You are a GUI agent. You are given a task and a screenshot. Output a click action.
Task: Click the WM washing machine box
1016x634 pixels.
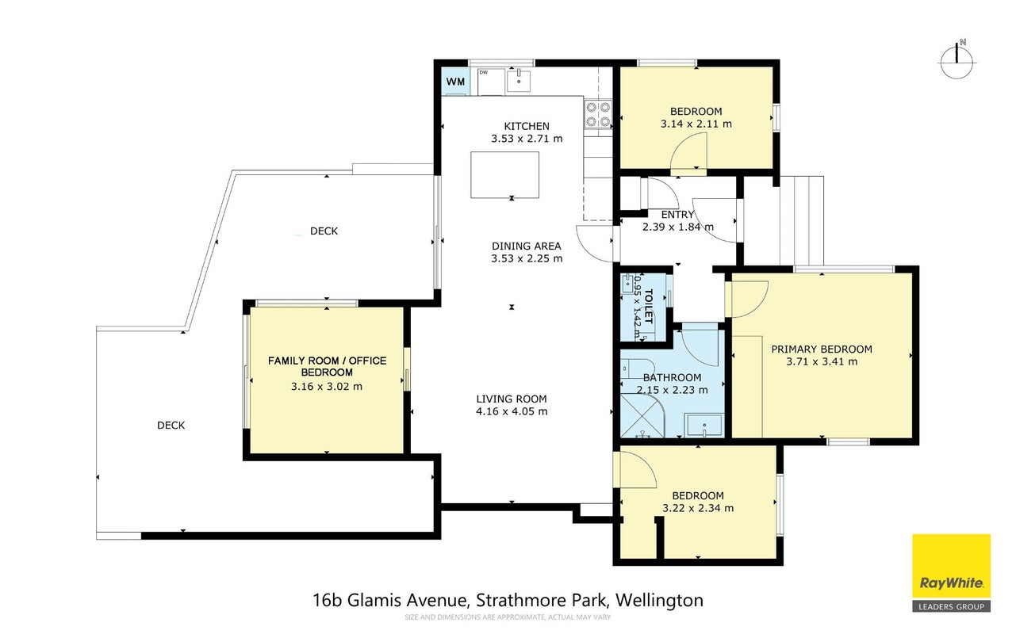(455, 82)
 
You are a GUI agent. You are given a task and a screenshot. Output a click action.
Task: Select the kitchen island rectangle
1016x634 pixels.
(504, 175)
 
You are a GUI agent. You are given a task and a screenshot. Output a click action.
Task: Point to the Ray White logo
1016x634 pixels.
(951, 573)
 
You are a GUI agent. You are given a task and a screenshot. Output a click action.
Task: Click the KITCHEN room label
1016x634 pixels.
(527, 126)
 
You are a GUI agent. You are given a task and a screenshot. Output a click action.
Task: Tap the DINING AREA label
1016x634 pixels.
(527, 246)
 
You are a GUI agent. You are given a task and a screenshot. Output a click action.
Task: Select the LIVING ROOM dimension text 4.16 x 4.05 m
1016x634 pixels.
(512, 411)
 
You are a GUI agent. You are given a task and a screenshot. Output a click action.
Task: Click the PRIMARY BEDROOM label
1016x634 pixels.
(822, 349)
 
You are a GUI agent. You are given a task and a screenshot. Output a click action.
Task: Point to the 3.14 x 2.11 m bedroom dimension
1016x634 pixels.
(696, 124)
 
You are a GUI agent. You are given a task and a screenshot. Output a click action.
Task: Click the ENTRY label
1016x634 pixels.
(677, 214)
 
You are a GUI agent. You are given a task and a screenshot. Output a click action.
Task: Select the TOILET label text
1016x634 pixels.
(648, 306)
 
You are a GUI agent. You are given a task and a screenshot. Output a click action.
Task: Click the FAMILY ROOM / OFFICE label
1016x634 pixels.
(327, 361)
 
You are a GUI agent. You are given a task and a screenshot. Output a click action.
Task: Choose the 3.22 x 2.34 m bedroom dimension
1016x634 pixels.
(698, 508)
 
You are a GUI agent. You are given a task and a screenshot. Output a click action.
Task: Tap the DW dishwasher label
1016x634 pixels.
(484, 72)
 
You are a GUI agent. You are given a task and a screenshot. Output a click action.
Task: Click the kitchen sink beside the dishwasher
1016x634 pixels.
(519, 81)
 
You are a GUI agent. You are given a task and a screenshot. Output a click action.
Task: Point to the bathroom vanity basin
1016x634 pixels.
(704, 425)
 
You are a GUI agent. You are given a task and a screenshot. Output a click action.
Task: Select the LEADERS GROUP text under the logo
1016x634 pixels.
(951, 606)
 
